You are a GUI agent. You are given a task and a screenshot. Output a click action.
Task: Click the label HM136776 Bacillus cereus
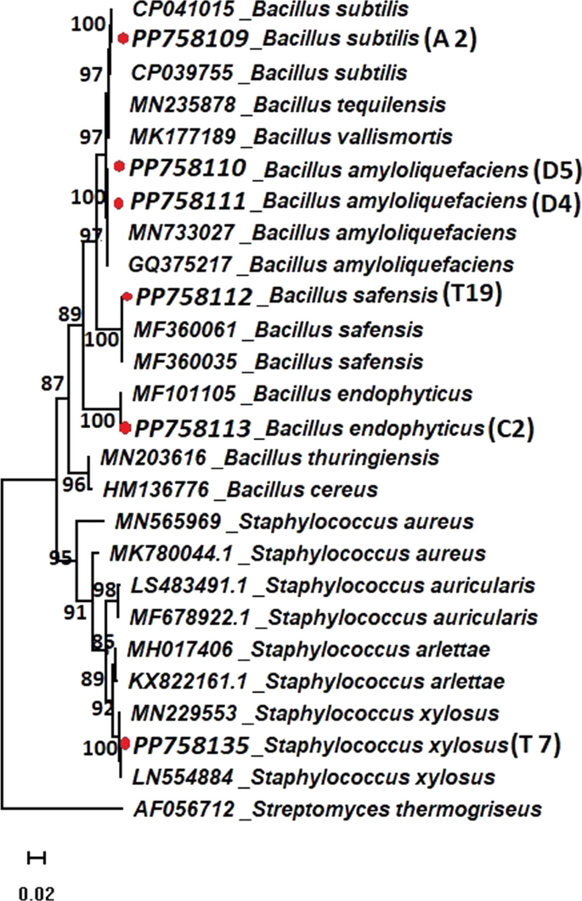click(240, 489)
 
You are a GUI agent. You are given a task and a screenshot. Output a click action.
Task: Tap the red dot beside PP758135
click(125, 745)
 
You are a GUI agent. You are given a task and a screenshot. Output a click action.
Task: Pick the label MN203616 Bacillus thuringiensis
click(269, 459)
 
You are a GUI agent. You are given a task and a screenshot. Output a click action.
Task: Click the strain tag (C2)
click(511, 428)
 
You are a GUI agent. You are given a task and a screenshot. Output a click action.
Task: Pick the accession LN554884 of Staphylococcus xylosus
click(174, 776)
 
